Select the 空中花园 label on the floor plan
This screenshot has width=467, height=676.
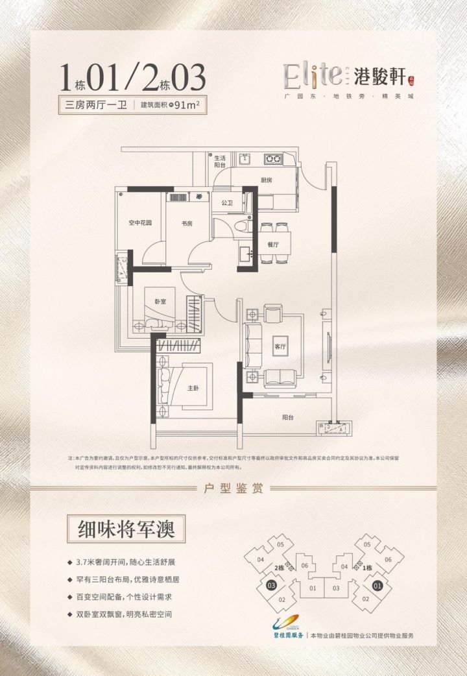pyautogui.click(x=139, y=224)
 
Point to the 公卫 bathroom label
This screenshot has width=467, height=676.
pyautogui.click(x=226, y=202)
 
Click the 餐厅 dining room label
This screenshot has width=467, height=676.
pyautogui.click(x=272, y=245)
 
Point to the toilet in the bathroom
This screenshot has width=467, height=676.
pyautogui.click(x=241, y=228)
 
